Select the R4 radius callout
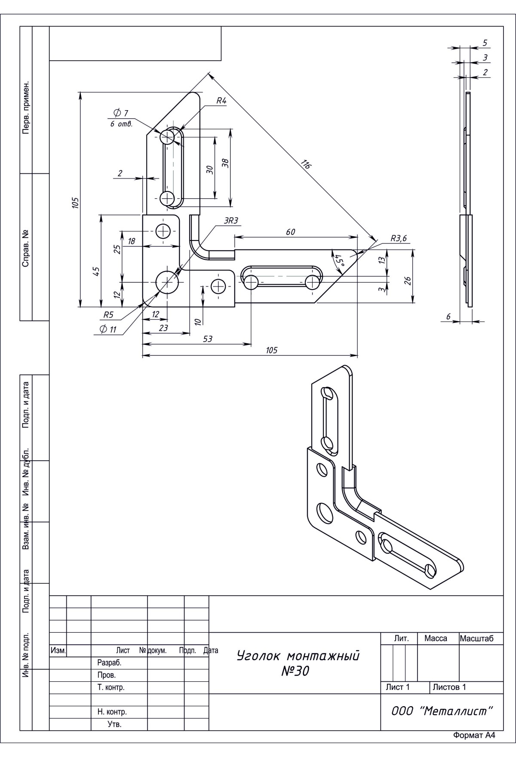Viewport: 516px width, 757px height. [221, 101]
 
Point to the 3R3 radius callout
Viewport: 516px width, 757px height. [231, 221]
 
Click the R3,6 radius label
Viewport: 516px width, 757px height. [399, 239]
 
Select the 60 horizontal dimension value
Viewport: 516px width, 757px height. [291, 232]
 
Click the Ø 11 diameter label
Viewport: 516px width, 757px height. [108, 329]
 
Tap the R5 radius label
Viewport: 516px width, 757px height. [108, 315]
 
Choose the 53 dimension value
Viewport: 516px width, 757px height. [207, 339]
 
